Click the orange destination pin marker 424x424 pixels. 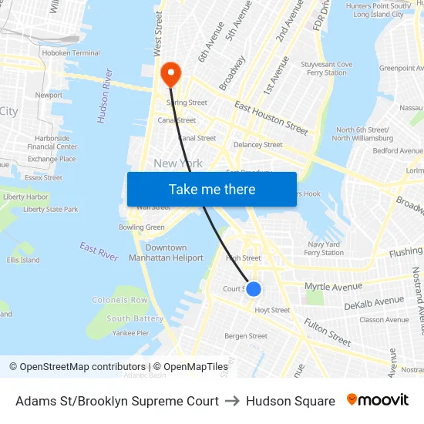[170, 74]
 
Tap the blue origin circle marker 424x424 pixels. [253, 289]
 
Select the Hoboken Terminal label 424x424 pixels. [71, 53]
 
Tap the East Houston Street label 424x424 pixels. [271, 116]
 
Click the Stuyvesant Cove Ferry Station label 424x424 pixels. [326, 69]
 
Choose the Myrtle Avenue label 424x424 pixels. [333, 287]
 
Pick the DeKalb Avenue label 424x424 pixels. [374, 303]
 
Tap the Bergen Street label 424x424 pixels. [246, 336]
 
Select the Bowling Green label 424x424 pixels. [141, 227]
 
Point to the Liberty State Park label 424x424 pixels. [51, 209]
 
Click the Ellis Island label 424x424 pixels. [23, 260]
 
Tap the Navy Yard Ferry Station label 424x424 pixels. [325, 248]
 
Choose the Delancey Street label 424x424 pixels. [257, 144]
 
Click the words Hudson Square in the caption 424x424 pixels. [291, 401]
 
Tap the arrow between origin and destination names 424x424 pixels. [232, 401]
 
